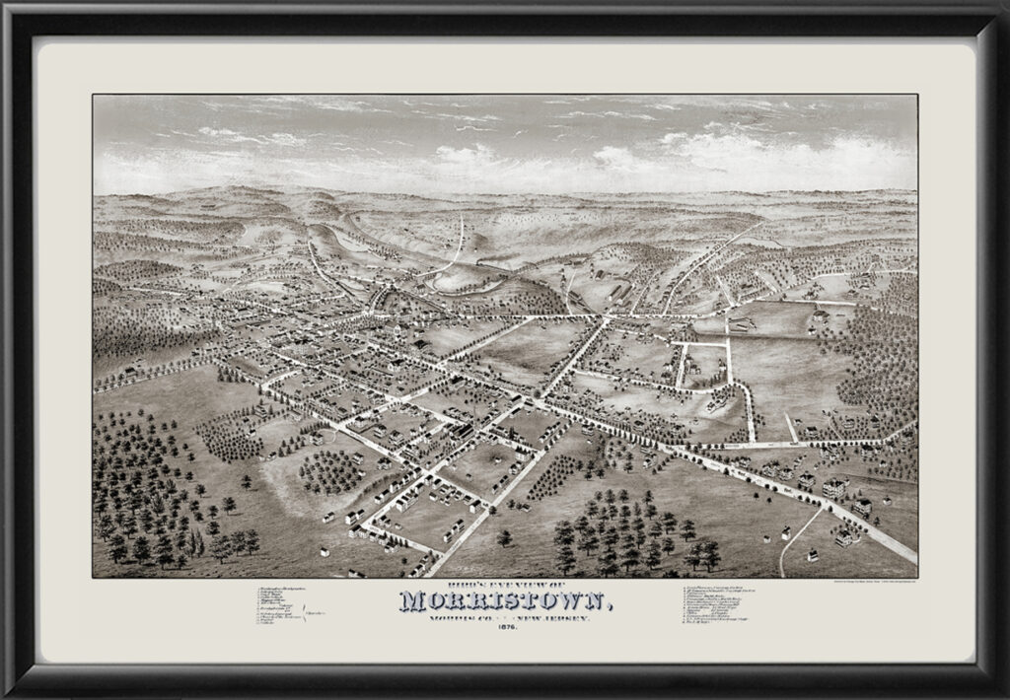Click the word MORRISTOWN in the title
[505, 602]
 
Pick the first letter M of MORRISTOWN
[414, 602]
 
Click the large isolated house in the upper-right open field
[820, 318]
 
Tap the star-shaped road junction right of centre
[608, 317]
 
